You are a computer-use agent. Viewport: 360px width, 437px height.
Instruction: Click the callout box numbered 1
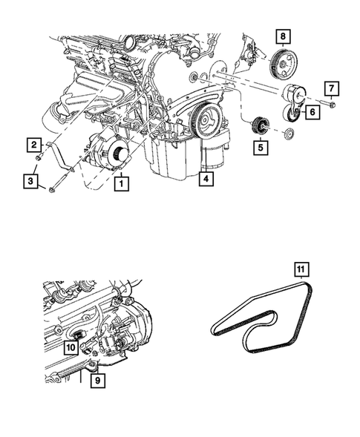pos(118,180)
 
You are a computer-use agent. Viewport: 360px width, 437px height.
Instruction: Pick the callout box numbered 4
pos(206,179)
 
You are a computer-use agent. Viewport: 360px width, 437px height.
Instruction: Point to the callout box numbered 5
pos(260,148)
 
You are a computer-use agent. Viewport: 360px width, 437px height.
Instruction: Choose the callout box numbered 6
pos(311,112)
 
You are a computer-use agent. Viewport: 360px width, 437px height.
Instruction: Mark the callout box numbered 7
pos(332,89)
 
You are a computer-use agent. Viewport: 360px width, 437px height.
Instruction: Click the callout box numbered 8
pos(282,35)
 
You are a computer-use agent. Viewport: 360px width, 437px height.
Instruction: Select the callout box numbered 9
pos(96,381)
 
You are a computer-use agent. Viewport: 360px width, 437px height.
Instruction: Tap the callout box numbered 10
pos(71,346)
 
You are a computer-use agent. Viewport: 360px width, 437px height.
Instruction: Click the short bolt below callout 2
pos(37,157)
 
